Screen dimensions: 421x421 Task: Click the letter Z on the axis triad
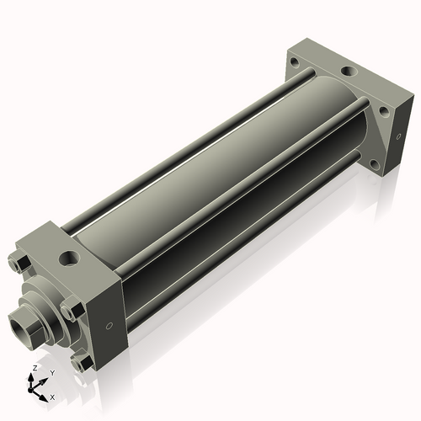pos(35,368)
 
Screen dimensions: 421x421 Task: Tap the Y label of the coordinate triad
pos(52,373)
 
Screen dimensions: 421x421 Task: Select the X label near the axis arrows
pos(52,397)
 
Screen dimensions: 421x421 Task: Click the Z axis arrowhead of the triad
pos(30,377)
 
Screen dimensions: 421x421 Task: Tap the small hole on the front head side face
pos(109,326)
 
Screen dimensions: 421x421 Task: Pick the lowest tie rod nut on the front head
pos(82,364)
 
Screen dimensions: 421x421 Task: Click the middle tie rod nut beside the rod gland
pos(72,311)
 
